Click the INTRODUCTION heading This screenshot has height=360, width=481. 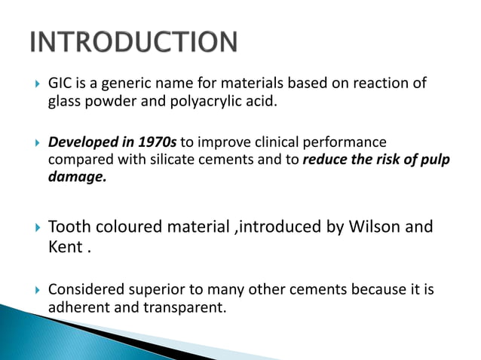(x=134, y=42)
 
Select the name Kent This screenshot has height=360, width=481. (x=65, y=246)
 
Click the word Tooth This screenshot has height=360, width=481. (x=69, y=226)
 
